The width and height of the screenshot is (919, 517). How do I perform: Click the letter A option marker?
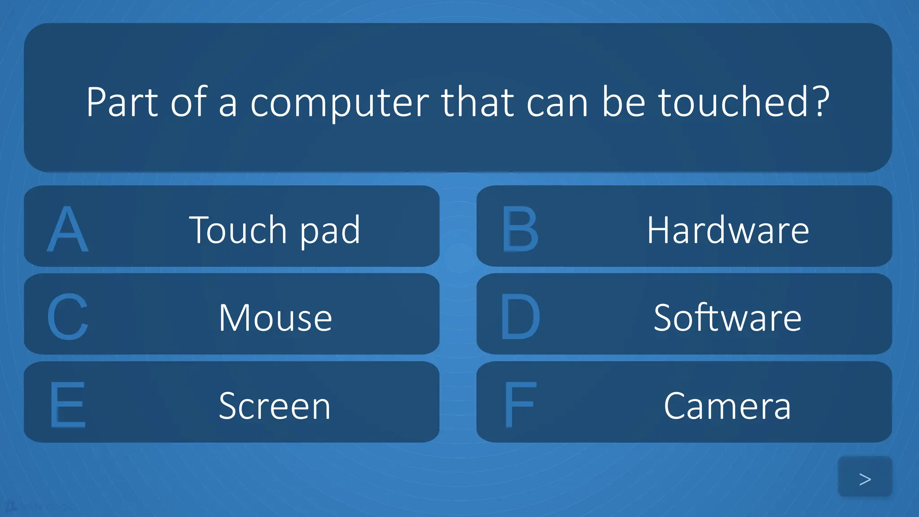68,229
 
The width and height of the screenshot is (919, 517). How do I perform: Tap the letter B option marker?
520,229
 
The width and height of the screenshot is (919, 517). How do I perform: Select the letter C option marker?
68,317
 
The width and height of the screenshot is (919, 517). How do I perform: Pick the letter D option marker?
520,317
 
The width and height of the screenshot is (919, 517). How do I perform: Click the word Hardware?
728,230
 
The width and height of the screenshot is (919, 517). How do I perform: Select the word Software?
727,318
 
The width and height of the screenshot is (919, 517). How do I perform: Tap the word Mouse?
275,318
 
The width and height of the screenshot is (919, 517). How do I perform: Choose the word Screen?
275,406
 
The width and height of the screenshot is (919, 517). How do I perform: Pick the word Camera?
727,406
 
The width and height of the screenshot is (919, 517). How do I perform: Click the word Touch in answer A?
238,230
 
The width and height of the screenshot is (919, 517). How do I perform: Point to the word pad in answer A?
330,232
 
